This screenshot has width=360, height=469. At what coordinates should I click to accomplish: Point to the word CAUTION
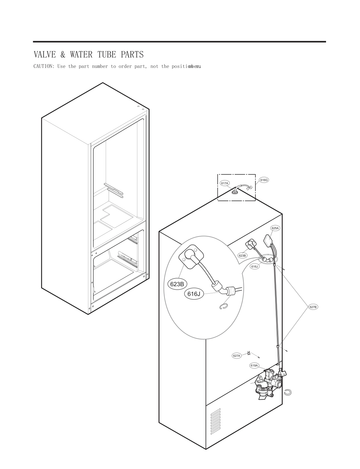click(44, 66)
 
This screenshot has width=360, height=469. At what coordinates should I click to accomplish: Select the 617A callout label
click(225, 183)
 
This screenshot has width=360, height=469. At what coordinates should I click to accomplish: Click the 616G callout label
click(264, 180)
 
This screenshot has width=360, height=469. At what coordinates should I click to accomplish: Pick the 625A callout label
click(275, 228)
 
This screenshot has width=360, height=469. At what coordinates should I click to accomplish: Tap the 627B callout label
click(313, 307)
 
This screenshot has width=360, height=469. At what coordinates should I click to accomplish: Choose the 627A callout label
click(237, 356)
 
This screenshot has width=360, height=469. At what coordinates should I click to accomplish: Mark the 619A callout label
click(254, 365)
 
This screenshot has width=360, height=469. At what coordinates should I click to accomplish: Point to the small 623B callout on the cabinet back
click(242, 255)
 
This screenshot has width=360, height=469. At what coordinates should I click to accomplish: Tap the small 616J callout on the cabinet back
click(255, 266)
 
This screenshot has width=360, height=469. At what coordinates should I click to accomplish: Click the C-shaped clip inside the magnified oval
click(224, 307)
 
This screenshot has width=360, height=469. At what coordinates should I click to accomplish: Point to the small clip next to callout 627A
click(249, 352)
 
